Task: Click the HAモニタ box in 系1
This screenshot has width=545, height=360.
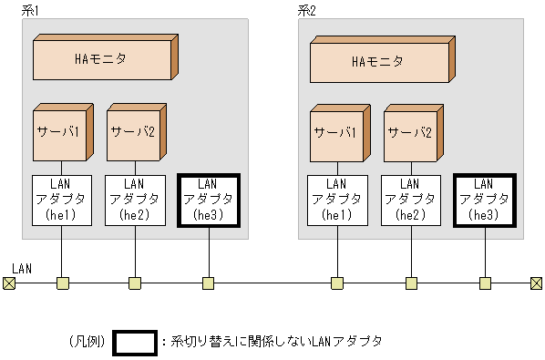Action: [101, 59]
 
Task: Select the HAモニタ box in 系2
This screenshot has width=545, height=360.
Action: [378, 62]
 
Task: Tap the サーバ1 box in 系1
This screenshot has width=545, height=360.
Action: [59, 134]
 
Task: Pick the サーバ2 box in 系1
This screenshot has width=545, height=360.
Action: [133, 134]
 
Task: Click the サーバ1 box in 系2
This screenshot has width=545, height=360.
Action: [336, 136]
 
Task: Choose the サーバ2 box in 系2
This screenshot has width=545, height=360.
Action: [409, 136]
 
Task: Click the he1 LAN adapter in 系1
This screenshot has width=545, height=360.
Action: [61, 200]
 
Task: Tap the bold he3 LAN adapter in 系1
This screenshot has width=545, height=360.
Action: [209, 200]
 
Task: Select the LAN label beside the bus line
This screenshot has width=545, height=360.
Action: [23, 269]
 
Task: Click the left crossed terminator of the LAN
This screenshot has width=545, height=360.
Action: [9, 283]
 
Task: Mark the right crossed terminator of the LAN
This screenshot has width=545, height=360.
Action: [536, 283]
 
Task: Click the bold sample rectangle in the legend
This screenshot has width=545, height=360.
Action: [134, 341]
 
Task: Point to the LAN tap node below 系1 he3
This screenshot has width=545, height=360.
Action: [209, 283]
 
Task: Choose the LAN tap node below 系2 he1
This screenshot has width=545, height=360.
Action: [337, 283]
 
